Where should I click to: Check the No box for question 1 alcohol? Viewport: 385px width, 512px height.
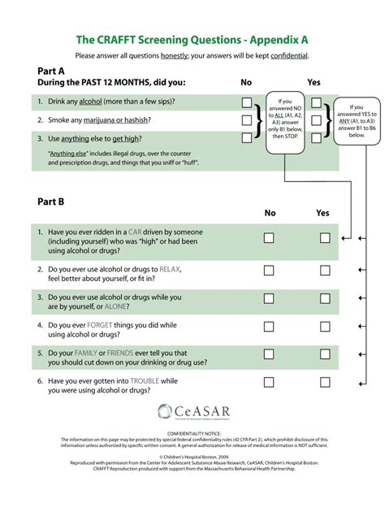pyautogui.click(x=246, y=102)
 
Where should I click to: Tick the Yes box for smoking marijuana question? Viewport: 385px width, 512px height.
pyautogui.click(x=317, y=120)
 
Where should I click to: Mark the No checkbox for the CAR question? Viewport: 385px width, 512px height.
pyautogui.click(x=268, y=238)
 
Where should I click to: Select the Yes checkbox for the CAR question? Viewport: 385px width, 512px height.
pyautogui.click(x=325, y=238)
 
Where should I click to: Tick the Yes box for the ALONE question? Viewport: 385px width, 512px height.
pyautogui.click(x=325, y=301)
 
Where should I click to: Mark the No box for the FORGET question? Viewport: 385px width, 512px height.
pyautogui.click(x=268, y=329)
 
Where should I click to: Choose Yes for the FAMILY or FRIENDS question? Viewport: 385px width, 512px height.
pyautogui.click(x=325, y=358)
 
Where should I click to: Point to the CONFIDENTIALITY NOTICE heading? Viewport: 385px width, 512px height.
pyautogui.click(x=192, y=434)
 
